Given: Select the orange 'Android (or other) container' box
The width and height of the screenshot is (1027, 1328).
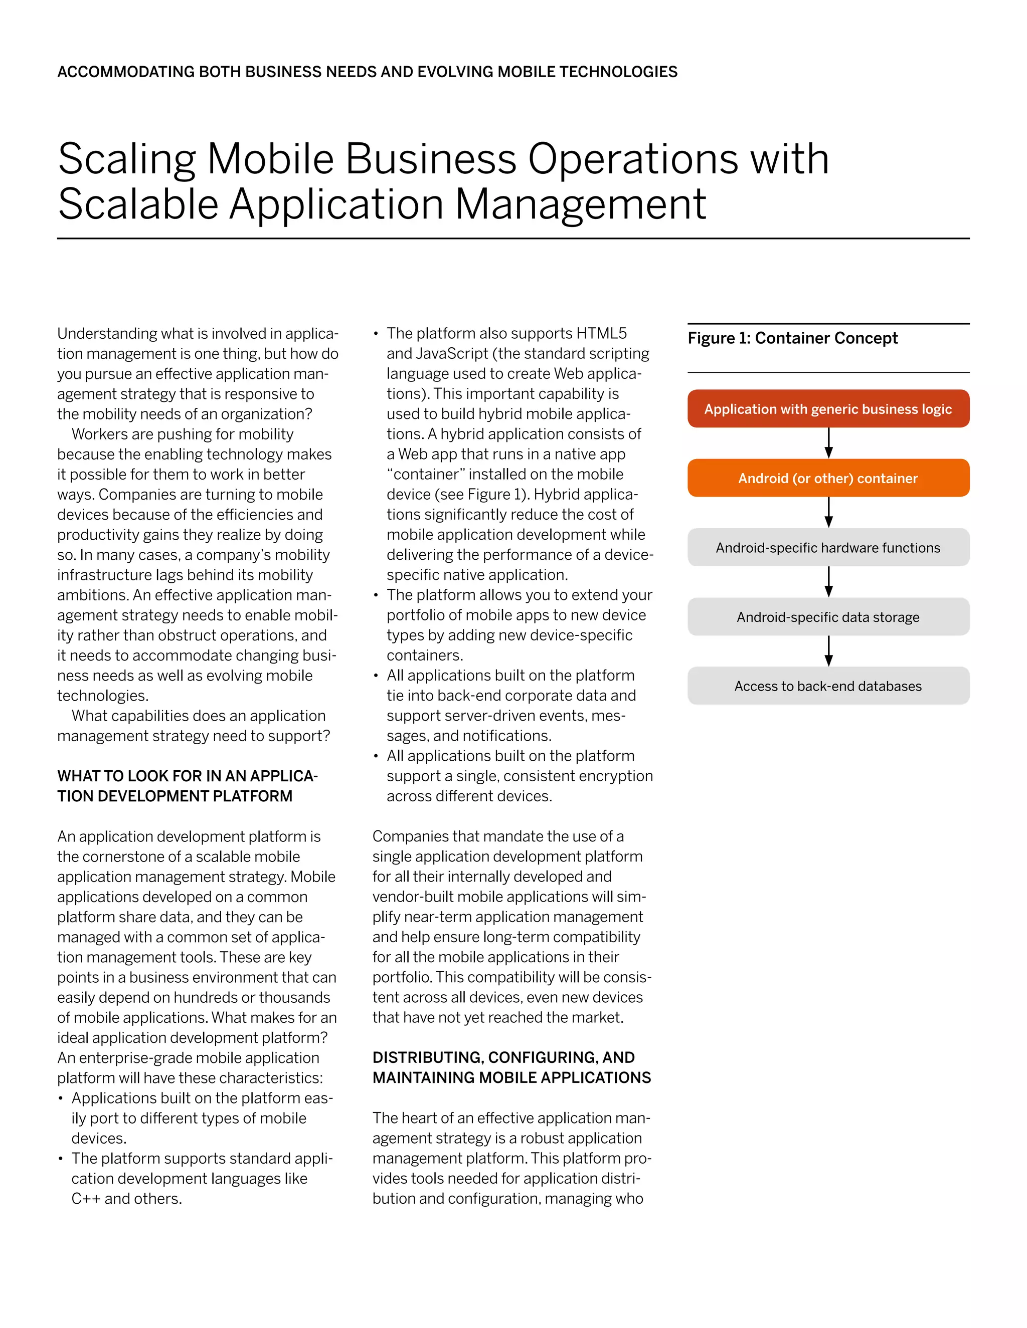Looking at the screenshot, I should pos(827,478).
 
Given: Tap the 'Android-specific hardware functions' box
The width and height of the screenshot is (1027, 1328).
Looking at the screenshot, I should pos(827,547).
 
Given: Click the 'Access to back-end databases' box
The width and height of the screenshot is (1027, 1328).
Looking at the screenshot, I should pos(827,686).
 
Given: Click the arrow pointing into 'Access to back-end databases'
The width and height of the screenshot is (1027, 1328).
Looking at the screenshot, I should pos(828,651).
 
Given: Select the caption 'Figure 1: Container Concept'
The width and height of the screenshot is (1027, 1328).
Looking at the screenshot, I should pos(792,338).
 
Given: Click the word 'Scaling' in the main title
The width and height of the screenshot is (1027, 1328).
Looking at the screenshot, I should pos(126,160).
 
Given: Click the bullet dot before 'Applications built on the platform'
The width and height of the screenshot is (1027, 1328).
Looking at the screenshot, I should pos(60,1098).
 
